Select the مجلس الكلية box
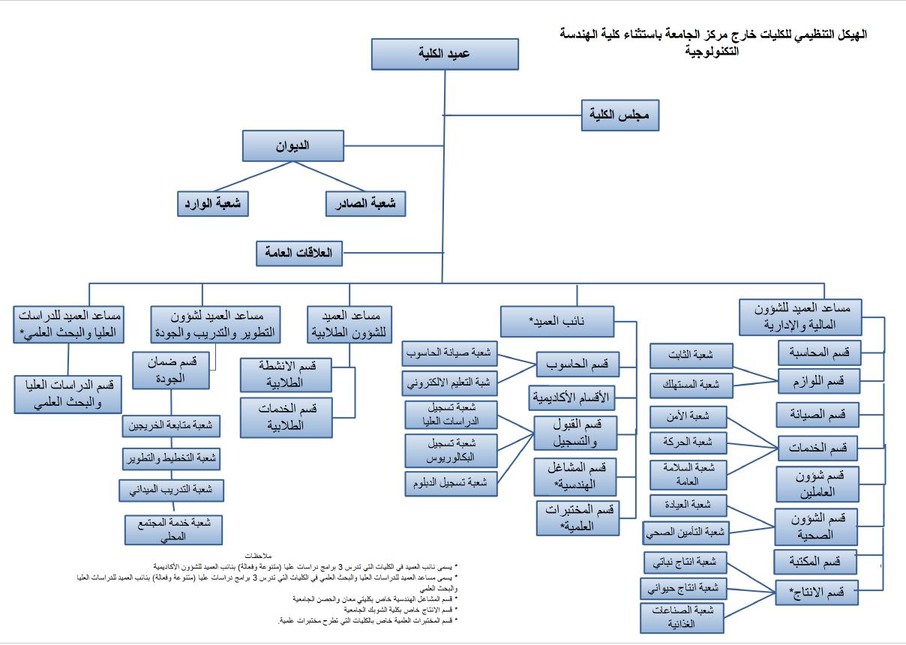pos(620,115)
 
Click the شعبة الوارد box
pos(213,203)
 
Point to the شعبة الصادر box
pos(365,203)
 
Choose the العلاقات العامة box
pos(298,253)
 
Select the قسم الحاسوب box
pos(577,364)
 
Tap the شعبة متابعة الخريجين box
pos(172,426)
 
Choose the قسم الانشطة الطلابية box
pos(286,374)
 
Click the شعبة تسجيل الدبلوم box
pos(451,484)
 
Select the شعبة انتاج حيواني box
pos(682,589)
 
